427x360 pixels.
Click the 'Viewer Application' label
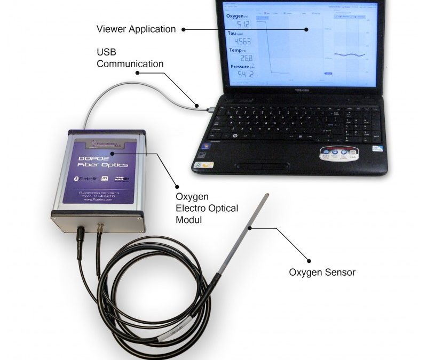tap(136, 28)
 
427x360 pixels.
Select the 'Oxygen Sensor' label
tap(322, 272)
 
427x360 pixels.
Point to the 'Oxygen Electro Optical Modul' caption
tap(207, 208)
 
